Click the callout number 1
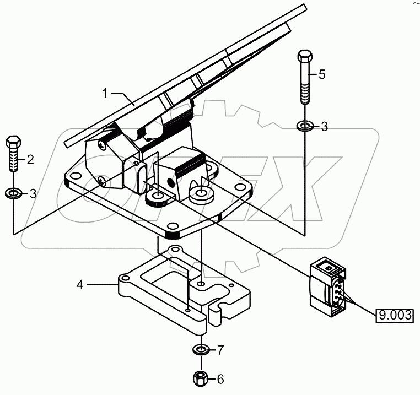pos(105,93)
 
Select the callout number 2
pos(30,160)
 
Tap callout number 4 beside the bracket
pos(80,285)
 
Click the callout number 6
pos(220,379)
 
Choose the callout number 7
pos(220,350)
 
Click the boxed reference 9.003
pos(394,316)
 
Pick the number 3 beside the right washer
pos(324,127)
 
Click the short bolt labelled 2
pos(13,157)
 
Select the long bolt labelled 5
pos(305,80)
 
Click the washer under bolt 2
pos(13,193)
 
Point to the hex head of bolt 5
pos(305,57)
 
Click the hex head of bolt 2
pos(13,142)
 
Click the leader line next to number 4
pos(102,285)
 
